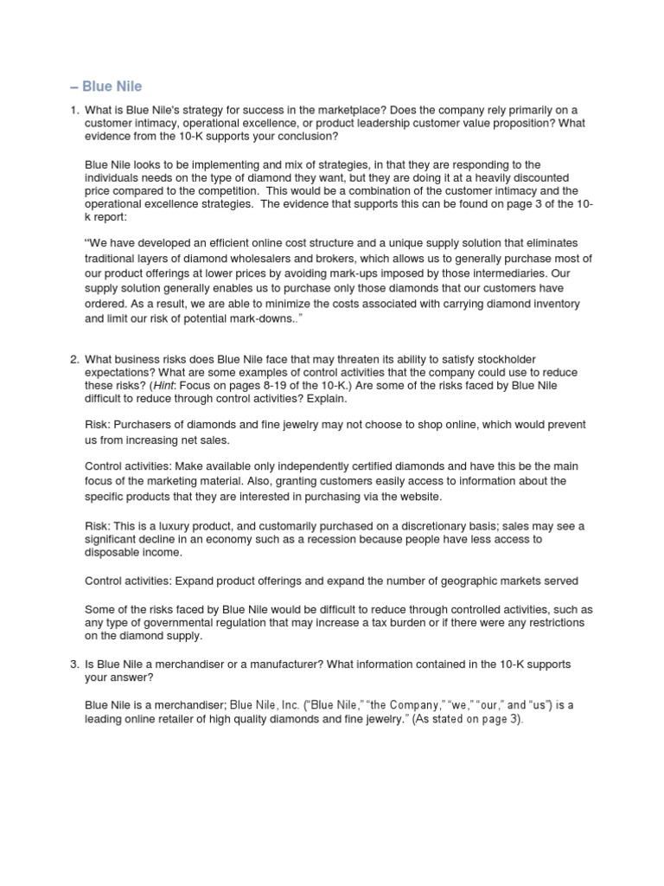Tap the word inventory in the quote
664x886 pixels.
546,304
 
